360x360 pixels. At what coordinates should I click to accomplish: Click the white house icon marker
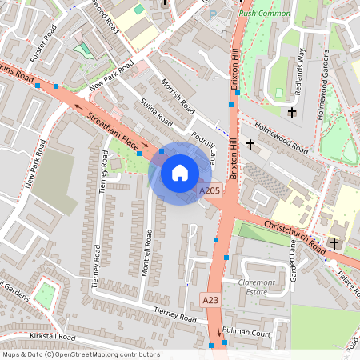pos(180,172)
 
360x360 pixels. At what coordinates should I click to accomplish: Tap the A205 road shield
pos(210,190)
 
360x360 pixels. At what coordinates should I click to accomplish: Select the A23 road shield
pos(210,299)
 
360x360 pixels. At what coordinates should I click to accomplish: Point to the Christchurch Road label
pos(293,237)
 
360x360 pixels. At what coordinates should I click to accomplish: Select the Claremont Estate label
pos(256,286)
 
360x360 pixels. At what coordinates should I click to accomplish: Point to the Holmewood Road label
pos(281,138)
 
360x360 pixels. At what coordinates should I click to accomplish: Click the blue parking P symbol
pos(212,14)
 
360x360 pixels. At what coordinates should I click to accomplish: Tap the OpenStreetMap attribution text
pos(80,354)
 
